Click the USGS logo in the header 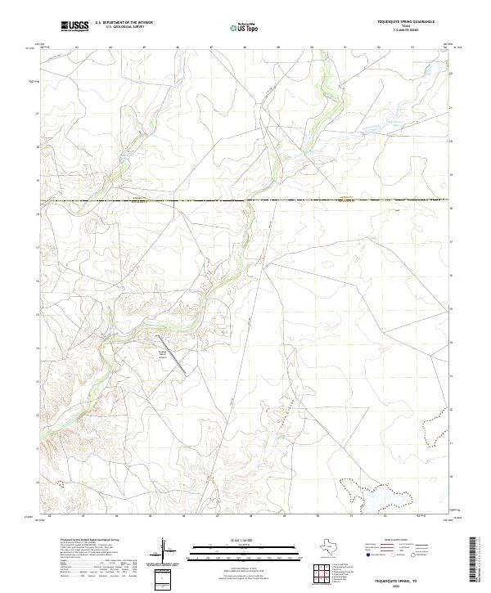75,26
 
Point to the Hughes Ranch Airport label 162,353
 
